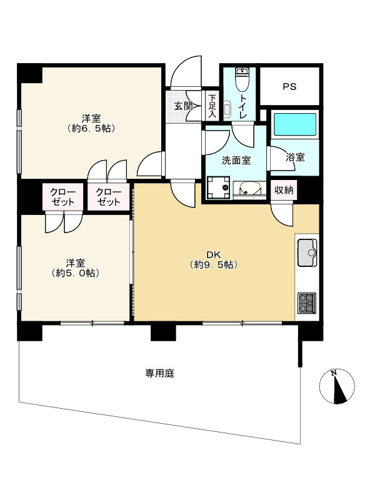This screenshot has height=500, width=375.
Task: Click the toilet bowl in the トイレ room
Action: coord(243,79)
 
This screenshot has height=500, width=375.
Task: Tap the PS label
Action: coord(289,86)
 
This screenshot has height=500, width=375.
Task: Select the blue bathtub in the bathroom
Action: coord(295,124)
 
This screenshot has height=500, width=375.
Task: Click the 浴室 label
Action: coord(295,157)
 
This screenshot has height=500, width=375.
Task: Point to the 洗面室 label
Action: coord(236,161)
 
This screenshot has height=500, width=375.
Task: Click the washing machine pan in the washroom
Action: coord(218,188)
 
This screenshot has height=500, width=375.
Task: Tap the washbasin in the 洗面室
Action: coord(249,188)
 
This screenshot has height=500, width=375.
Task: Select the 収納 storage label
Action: coord(284,190)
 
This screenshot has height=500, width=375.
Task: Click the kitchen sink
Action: coord(307,252)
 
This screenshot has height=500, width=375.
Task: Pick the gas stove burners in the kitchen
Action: coord(307,302)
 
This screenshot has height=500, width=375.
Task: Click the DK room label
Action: coord(214,255)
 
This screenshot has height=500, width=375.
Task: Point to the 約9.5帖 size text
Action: coord(214,264)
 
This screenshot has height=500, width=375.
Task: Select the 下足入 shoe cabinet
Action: coord(212,106)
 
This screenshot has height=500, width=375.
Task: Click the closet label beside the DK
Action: coord(109,197)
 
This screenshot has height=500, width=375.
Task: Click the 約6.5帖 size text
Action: coord(91,129)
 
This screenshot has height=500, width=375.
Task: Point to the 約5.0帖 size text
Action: coord(75,273)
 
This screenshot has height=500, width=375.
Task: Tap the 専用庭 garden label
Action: coord(160,373)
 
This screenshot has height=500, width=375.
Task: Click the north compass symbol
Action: coord(337,387)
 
